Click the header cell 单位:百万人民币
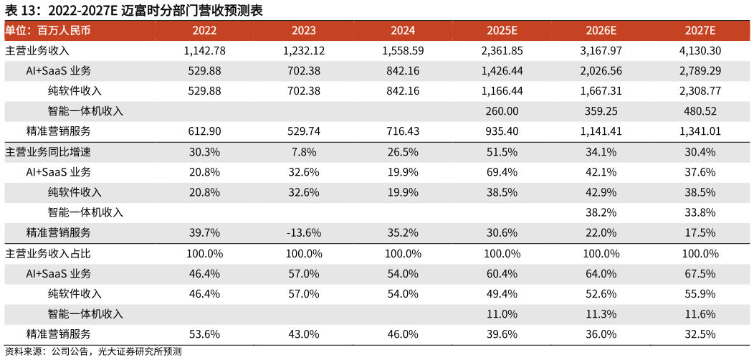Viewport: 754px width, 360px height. pyautogui.click(x=48, y=31)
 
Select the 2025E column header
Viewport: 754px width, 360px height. pyautogui.click(x=502, y=31)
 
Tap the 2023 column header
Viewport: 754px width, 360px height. pyautogui.click(x=303, y=31)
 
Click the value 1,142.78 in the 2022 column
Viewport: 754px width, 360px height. pyautogui.click(x=204, y=51)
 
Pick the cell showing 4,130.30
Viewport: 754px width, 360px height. pyautogui.click(x=700, y=51)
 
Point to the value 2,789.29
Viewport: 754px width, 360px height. pyautogui.click(x=700, y=71)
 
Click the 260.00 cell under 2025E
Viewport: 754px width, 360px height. pyautogui.click(x=502, y=111)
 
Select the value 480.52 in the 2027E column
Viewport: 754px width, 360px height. pyautogui.click(x=700, y=111)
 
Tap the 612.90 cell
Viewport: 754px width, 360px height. pyautogui.click(x=204, y=131)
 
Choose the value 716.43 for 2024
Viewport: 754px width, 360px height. pyautogui.click(x=403, y=131)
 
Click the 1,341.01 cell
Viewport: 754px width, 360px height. pyautogui.click(x=700, y=131)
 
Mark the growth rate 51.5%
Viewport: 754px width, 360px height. pyautogui.click(x=502, y=152)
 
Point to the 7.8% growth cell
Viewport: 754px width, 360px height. pyautogui.click(x=303, y=152)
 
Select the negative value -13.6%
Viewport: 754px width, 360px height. pyautogui.click(x=303, y=232)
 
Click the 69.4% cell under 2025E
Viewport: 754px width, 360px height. pyautogui.click(x=502, y=172)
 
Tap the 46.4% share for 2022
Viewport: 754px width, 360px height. pyautogui.click(x=204, y=273)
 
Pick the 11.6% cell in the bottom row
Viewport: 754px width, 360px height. pyautogui.click(x=700, y=314)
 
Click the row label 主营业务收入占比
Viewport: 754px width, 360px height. pyautogui.click(x=48, y=253)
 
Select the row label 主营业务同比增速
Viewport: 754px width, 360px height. pyautogui.click(x=48, y=152)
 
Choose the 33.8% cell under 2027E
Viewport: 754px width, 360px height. pyautogui.click(x=700, y=212)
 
